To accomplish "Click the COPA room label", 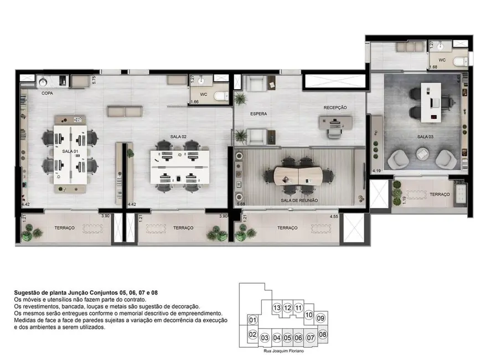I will click(47, 94).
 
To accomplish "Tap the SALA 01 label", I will click(70, 151).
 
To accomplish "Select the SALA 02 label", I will click(179, 136).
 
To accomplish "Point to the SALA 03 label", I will click(426, 136).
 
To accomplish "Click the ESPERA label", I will click(259, 114).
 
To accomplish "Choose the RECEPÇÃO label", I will click(335, 107).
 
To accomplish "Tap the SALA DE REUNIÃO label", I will click(299, 200).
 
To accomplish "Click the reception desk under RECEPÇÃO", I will click(335, 122).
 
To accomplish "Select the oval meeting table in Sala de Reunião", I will click(299, 176).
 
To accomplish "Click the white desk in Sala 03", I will click(430, 102).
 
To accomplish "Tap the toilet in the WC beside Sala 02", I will click(221, 96).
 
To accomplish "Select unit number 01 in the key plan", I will click(252, 320).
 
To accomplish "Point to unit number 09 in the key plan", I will click(320, 318).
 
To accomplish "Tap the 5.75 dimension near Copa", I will click(95, 79).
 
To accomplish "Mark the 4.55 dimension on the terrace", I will click(334, 217).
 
